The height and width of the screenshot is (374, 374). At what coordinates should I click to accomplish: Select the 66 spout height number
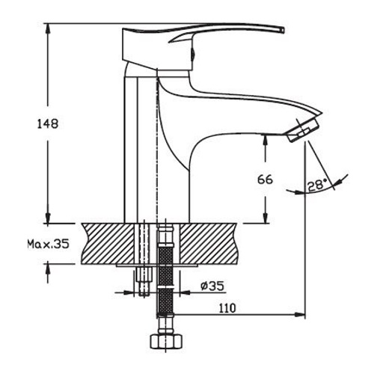pyautogui.click(x=265, y=180)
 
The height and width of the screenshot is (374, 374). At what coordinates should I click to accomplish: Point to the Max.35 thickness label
pyautogui.click(x=46, y=245)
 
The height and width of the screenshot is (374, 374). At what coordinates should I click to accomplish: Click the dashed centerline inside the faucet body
pyautogui.click(x=158, y=150)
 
